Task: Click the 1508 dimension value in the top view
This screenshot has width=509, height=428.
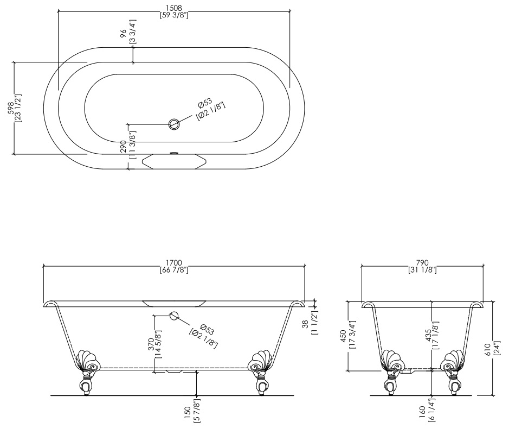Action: pos(173,8)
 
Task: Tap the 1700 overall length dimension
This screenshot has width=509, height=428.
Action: pos(173,262)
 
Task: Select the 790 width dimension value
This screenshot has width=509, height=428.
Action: pos(422,262)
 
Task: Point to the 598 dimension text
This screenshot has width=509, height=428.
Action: pos(11,108)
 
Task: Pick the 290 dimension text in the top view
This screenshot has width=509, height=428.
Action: pos(123,146)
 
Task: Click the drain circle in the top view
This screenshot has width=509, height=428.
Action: pos(174,124)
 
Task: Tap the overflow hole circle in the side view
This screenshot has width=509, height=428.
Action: pos(174,316)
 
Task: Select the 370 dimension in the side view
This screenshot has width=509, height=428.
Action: pos(151,344)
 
